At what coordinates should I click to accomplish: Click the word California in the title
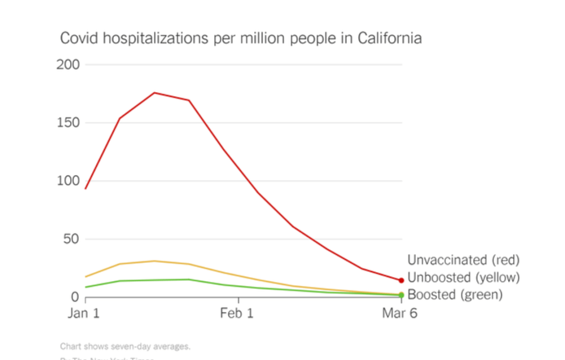click(x=389, y=38)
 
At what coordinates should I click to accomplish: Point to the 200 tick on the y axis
click(x=68, y=65)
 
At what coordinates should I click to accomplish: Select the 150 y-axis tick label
click(x=68, y=123)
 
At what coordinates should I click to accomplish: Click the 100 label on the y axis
click(x=68, y=181)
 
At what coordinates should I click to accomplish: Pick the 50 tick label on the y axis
click(x=72, y=239)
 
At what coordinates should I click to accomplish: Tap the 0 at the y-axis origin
click(x=76, y=298)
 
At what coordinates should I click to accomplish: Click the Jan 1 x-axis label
click(x=83, y=314)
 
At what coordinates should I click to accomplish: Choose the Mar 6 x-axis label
click(x=400, y=314)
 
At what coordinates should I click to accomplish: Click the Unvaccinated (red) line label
click(x=463, y=260)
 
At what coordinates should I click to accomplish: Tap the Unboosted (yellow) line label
click(x=463, y=277)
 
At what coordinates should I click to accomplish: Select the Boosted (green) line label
click(x=455, y=295)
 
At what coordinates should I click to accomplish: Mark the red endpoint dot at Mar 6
click(x=402, y=280)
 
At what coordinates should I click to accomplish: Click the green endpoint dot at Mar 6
click(x=402, y=295)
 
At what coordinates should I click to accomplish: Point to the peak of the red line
click(x=154, y=93)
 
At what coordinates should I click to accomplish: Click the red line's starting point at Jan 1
click(x=86, y=189)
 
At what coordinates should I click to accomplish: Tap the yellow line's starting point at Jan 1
click(x=86, y=277)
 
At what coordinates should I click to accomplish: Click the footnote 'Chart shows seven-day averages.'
click(x=125, y=347)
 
